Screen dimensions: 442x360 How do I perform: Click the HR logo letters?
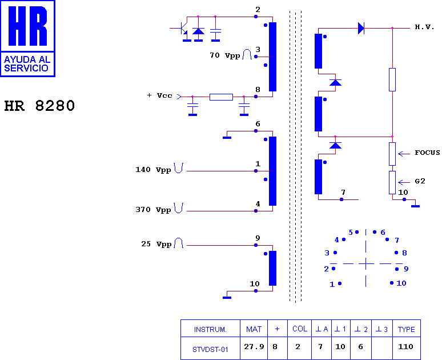[x=27, y=26]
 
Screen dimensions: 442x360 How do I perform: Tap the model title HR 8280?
[x=39, y=106]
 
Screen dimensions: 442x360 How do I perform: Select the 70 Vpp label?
[x=224, y=55]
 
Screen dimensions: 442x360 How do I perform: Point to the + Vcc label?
[x=159, y=95]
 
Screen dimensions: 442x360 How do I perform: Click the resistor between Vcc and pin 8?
[x=221, y=97]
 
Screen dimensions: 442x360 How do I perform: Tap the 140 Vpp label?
[x=153, y=170]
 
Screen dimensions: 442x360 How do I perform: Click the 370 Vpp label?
[x=153, y=210]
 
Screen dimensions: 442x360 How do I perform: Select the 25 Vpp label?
[x=156, y=244]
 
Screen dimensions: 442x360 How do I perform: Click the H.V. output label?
[x=424, y=27]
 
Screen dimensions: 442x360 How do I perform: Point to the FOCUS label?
[x=427, y=153]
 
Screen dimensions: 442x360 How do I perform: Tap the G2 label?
[x=420, y=181]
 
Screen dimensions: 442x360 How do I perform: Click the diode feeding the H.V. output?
[x=361, y=28]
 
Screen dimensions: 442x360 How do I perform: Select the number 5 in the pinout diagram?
[x=351, y=233]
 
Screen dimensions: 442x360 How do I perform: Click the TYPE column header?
[x=407, y=329]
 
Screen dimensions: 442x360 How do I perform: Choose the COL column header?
[x=300, y=329]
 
